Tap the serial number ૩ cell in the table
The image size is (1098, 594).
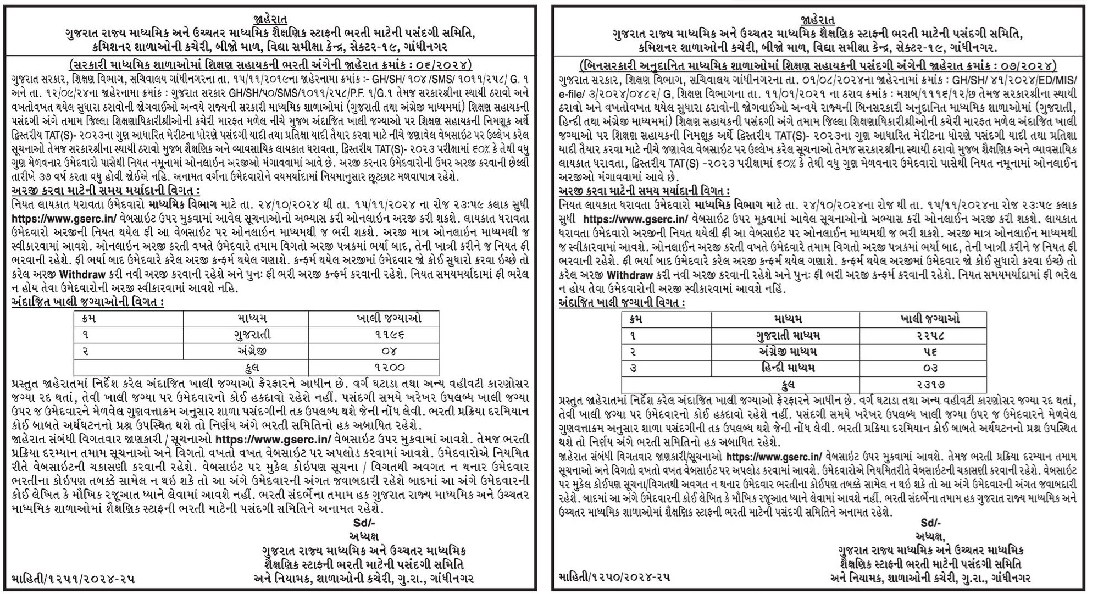point(634,368)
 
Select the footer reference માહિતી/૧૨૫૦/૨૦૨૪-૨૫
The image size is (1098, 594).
point(614,578)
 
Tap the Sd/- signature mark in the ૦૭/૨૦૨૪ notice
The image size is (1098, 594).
point(931,522)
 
